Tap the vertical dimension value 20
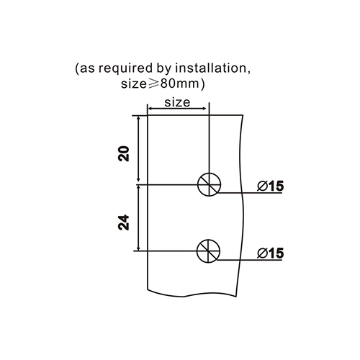coord(124,153)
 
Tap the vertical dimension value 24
coord(124,222)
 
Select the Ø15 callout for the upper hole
coord(271,186)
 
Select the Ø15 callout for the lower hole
coord(271,253)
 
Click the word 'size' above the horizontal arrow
coord(177,102)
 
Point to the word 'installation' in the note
coord(211,68)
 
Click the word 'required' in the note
coord(125,69)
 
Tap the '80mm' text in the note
coord(179,84)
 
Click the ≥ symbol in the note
coord(153,84)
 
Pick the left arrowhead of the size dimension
coord(150,109)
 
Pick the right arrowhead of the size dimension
coord(204,109)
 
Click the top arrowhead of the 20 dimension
coord(138,119)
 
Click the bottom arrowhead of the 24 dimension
coord(138,248)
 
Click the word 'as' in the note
coord(87,69)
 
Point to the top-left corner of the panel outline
coord(147,115)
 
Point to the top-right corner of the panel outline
coord(243,115)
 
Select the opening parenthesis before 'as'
coord(77,69)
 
